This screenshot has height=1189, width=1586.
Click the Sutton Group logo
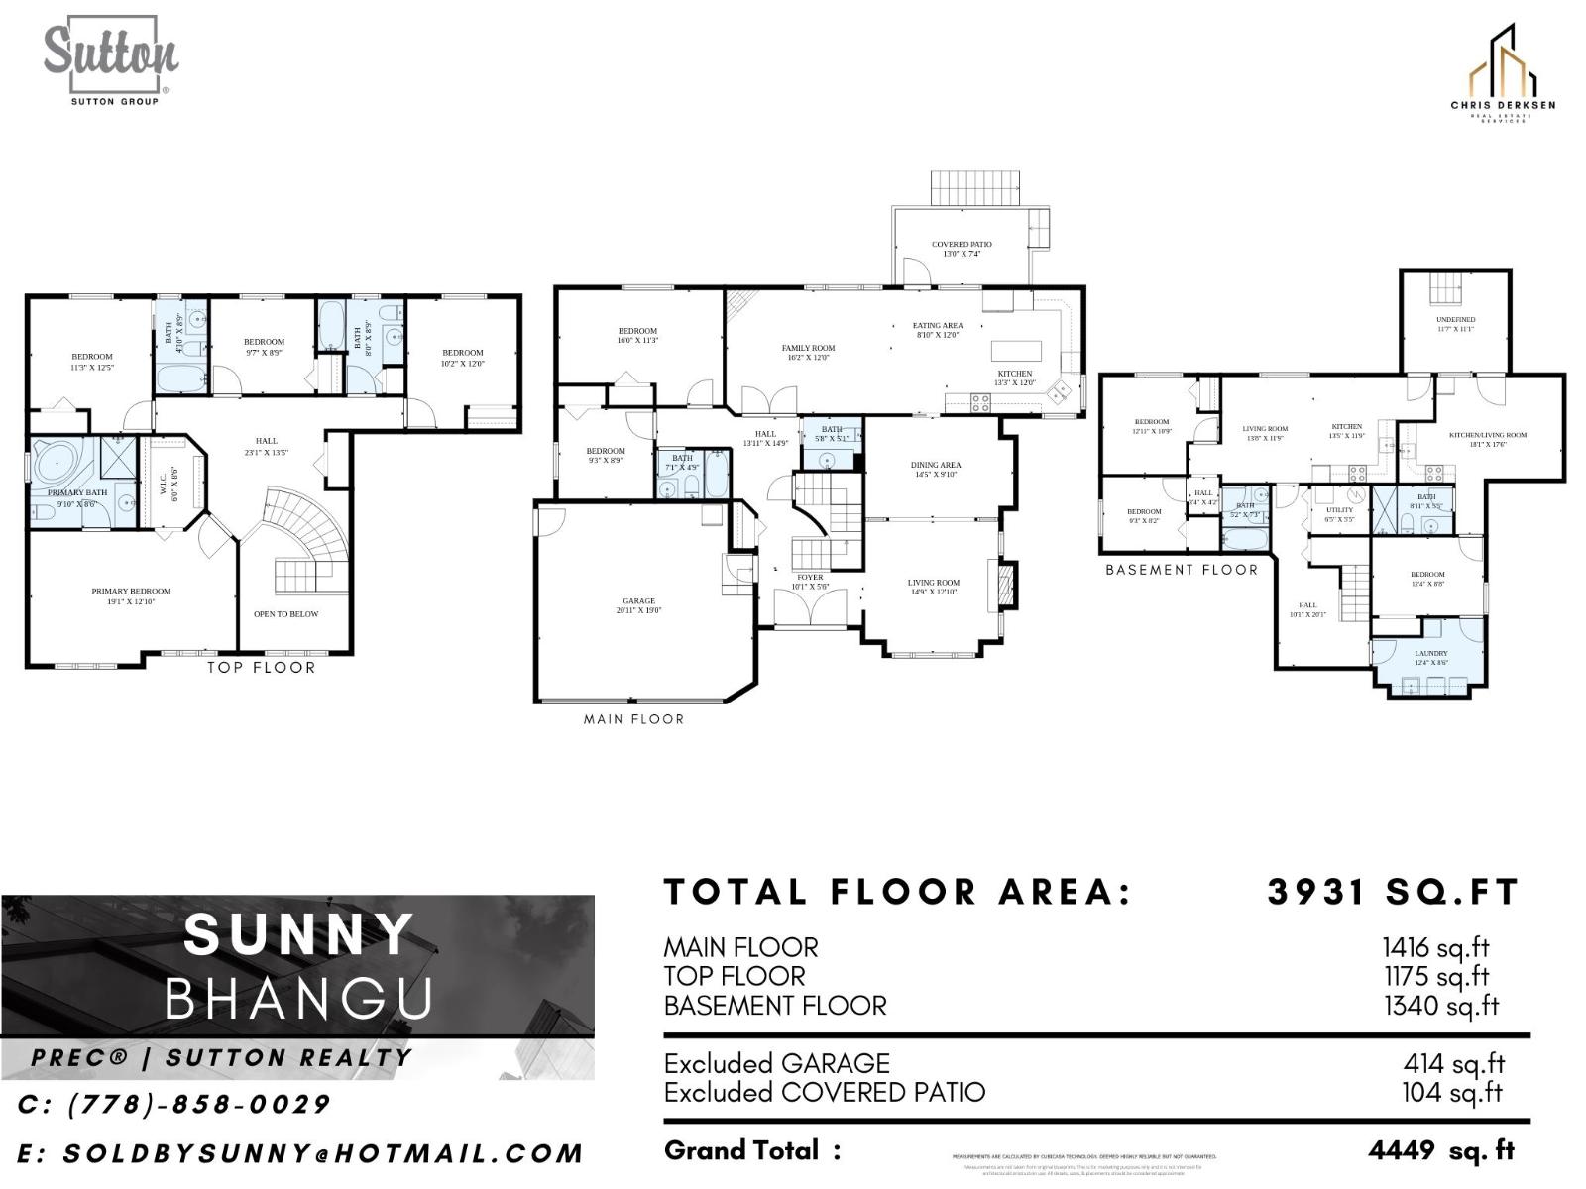click(110, 59)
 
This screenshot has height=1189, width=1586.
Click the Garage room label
click(638, 605)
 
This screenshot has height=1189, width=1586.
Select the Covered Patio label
click(961, 249)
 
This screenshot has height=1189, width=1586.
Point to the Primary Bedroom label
click(131, 595)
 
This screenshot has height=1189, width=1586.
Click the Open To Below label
click(285, 614)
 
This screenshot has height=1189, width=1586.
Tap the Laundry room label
click(1430, 658)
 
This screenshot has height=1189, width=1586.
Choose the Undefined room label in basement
click(1455, 324)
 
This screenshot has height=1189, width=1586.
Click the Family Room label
click(808, 353)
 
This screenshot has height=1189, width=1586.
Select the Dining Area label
click(936, 469)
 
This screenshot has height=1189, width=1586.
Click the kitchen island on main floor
click(1017, 352)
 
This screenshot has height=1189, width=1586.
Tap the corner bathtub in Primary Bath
click(57, 462)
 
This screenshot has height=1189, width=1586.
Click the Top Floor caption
click(261, 668)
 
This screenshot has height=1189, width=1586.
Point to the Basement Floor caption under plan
click(1182, 570)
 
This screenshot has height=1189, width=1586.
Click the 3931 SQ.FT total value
click(1393, 892)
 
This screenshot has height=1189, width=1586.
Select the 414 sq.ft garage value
click(1453, 1064)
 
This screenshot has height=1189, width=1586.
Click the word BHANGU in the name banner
click(298, 998)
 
